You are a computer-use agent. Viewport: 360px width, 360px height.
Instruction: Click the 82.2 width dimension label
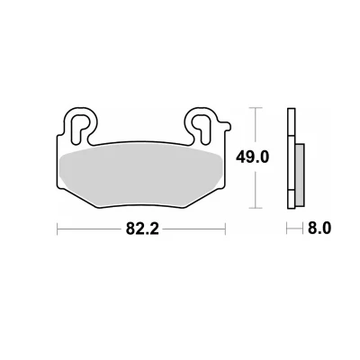point(142,229)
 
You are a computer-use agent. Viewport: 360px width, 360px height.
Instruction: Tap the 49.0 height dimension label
point(252,157)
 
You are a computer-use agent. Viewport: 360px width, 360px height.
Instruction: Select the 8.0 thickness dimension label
point(319,229)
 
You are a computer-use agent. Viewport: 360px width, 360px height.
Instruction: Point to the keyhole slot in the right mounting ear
point(201,127)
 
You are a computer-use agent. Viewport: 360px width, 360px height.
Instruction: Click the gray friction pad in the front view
point(141,177)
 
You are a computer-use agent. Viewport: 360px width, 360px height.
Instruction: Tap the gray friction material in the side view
point(300,173)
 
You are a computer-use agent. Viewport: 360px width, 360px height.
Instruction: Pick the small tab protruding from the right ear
point(226,126)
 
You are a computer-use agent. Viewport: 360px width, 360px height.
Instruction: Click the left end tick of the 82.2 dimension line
point(58,229)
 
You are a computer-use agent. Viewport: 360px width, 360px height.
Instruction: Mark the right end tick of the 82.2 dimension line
point(225,229)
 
